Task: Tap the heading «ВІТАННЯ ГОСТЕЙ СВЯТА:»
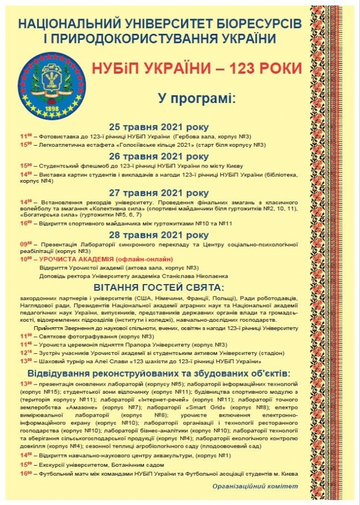(159, 287)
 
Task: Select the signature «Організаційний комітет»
(255, 485)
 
